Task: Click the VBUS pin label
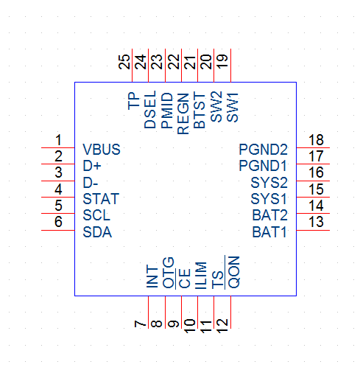(102, 150)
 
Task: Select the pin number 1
(58, 140)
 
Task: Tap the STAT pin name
(101, 199)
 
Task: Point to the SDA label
(97, 232)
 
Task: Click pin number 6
(58, 222)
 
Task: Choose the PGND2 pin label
(263, 150)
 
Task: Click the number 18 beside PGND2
(316, 140)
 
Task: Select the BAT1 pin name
(269, 232)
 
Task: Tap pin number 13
(316, 222)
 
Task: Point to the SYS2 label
(269, 183)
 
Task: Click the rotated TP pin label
(134, 101)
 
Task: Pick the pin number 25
(124, 62)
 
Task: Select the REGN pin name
(183, 114)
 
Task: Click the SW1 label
(233, 108)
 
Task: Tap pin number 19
(222, 61)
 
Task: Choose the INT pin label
(152, 276)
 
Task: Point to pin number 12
(222, 326)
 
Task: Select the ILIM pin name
(201, 275)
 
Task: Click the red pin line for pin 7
(148, 312)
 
